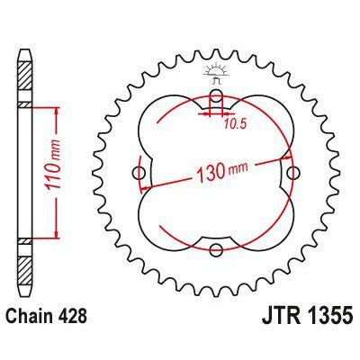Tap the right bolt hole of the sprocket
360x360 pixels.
(x=292, y=172)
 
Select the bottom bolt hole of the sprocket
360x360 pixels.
(x=215, y=250)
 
